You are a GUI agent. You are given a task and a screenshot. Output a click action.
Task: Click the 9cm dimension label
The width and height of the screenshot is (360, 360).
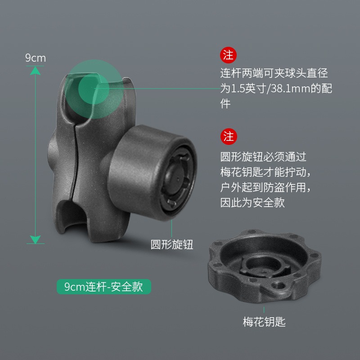pos(36,58)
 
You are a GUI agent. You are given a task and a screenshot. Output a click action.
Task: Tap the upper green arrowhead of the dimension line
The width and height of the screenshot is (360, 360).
pos(35,71)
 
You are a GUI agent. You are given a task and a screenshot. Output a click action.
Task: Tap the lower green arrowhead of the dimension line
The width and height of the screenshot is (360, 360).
pos(35,239)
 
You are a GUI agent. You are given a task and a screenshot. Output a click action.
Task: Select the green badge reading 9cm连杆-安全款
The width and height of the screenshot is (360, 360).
pos(104,287)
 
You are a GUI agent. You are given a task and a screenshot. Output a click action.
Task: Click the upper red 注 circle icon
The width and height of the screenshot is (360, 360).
pos(228,55)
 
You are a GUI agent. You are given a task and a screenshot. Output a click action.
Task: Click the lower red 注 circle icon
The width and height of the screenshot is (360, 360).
pos(229,136)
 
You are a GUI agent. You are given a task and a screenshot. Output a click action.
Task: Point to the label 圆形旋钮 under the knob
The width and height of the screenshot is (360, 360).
pos(172,244)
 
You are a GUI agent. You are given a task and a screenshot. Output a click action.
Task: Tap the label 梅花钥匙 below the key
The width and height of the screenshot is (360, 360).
pos(264,322)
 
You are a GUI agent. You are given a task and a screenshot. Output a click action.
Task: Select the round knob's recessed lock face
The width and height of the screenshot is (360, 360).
pos(177,178)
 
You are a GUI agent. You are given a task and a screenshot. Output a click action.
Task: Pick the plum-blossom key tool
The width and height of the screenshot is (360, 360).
pos(264,266)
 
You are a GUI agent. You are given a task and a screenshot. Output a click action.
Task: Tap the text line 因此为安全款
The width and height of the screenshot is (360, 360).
pos(252,202)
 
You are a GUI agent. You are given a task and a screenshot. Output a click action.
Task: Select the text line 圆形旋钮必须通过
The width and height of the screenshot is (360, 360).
pos(263,157)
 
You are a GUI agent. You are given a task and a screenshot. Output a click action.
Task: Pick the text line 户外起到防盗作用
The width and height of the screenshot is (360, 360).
pos(263,187)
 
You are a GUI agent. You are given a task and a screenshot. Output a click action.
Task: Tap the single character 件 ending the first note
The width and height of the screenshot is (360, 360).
pos(225,103)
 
